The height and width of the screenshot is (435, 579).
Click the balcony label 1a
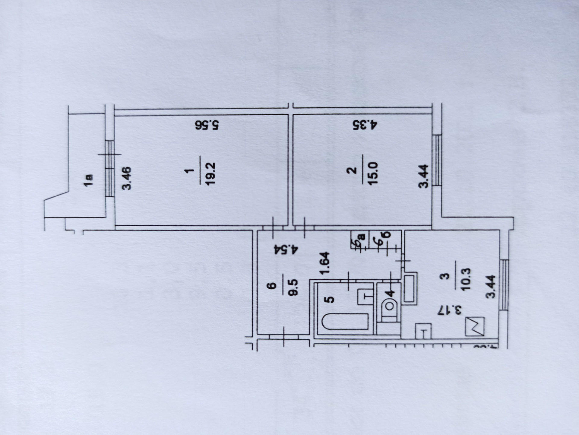tap(89, 180)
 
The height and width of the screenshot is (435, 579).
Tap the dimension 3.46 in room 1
tap(127, 178)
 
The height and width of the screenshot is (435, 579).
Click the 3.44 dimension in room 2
tap(423, 176)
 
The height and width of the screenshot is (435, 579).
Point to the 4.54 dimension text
tap(286, 250)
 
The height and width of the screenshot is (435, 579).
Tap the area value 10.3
tap(465, 279)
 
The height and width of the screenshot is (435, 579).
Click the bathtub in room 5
tap(345, 322)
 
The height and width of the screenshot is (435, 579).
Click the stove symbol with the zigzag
tap(474, 326)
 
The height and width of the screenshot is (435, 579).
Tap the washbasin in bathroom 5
tap(365, 297)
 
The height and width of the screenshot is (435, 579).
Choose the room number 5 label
tap(331, 300)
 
